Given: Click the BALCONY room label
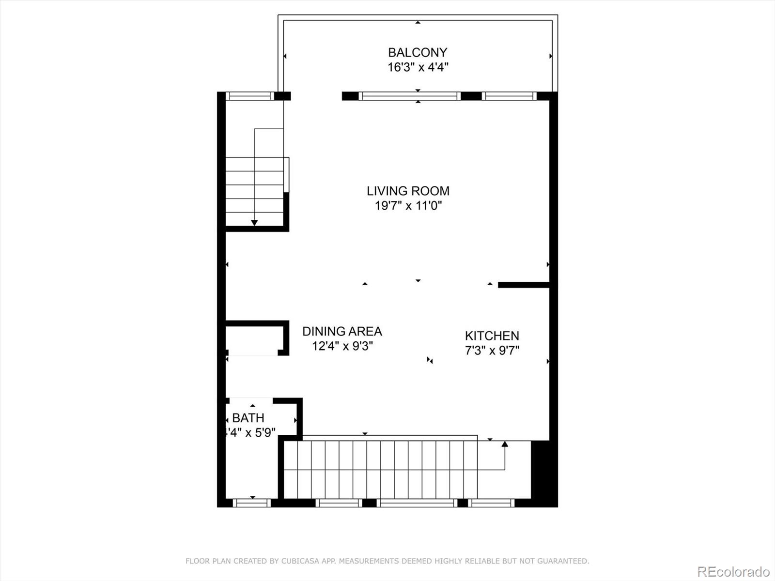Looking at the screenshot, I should [x=417, y=52].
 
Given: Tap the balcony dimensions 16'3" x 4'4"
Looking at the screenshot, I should [x=418, y=67].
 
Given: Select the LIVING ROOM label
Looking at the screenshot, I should [x=408, y=191].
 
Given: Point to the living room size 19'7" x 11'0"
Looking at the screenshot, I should [x=408, y=206].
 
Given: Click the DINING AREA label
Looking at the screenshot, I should [x=342, y=331].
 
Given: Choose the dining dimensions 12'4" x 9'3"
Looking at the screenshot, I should [x=342, y=346].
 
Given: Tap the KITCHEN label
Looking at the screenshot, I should [x=492, y=336].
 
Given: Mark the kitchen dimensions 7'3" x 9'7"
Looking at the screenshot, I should [x=492, y=351].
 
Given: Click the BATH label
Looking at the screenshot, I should [x=248, y=417].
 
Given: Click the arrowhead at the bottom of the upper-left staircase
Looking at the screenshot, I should [x=254, y=223].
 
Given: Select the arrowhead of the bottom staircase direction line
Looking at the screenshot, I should [x=505, y=443].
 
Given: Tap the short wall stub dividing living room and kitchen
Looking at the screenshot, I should [x=523, y=285].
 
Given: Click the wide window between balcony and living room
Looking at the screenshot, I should [x=409, y=96].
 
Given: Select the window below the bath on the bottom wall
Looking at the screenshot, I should [x=251, y=503].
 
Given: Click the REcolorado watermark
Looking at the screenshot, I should [x=733, y=572].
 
